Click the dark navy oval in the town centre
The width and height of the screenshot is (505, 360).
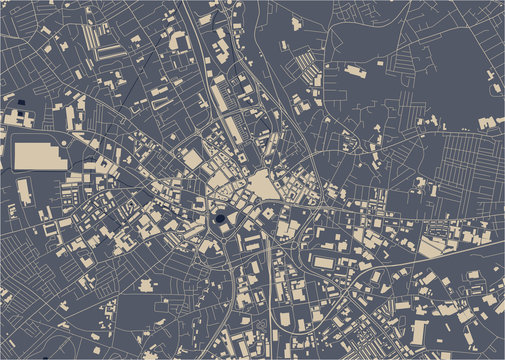point(220,220)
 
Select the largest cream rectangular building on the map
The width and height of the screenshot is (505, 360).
point(41,155)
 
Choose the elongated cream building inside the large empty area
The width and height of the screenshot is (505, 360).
point(355,70)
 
